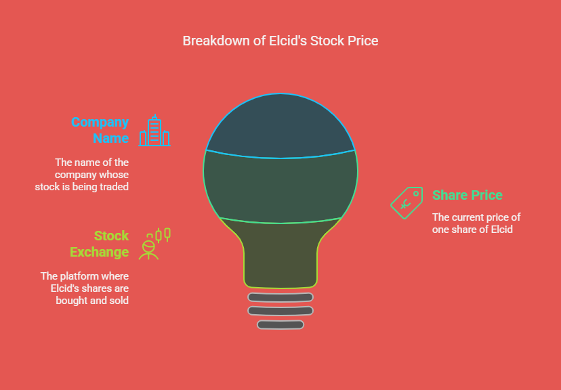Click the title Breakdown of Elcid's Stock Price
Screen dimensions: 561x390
point(280,41)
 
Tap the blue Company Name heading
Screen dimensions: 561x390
point(100,130)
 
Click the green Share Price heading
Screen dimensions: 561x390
point(467,195)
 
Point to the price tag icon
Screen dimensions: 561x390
point(407,202)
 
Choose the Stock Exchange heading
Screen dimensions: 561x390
point(100,244)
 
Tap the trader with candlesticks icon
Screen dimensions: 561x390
point(154,244)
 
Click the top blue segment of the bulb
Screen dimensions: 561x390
point(280,126)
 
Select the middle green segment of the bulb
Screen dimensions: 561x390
point(280,187)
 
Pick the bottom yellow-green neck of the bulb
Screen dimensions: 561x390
point(280,254)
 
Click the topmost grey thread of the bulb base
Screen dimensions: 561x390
point(280,297)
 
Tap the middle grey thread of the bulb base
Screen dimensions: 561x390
point(280,311)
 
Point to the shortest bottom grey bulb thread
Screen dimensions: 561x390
point(280,324)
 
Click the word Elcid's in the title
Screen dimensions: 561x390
point(288,41)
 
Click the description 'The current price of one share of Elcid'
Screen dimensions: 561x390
point(476,223)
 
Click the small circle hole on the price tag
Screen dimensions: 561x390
point(416,194)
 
